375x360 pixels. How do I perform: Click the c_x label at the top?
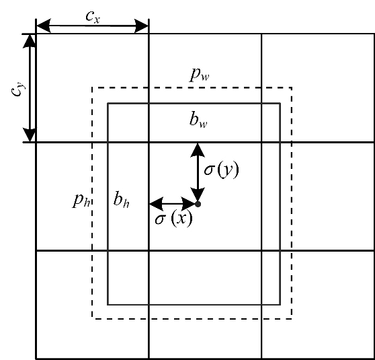[x=93, y=17]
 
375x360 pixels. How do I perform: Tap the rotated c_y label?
[x=18, y=89]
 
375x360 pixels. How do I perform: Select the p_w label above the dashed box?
[x=200, y=75]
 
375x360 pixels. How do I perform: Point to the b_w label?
[x=198, y=119]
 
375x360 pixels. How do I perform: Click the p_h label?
[x=81, y=201]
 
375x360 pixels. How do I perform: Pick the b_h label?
[x=121, y=199]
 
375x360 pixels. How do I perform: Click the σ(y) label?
[x=222, y=170]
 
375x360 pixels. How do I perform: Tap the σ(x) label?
[x=173, y=218]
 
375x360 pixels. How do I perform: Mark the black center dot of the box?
[x=198, y=204]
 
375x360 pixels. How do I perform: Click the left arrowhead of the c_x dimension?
[x=44, y=26]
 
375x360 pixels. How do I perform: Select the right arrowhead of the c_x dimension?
[x=142, y=26]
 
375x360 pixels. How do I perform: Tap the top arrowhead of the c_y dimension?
[x=30, y=41]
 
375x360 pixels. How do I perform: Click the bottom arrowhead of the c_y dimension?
[x=30, y=135]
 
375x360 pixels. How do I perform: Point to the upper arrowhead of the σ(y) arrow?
[x=198, y=150]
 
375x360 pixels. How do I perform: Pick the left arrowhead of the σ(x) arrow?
[x=157, y=204]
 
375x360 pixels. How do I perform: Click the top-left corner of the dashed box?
[x=92, y=87]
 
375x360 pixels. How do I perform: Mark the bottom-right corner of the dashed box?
[x=292, y=319]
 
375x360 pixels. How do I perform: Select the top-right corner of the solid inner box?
[x=280, y=103]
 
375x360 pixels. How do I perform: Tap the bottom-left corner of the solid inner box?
[x=108, y=305]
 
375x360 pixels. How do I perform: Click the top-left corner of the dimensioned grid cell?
[x=36, y=34]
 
